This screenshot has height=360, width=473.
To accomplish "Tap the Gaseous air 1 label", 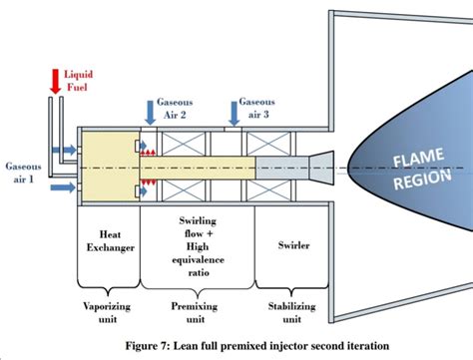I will point(23,171).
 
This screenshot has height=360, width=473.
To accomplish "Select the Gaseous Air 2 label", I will point(175,109).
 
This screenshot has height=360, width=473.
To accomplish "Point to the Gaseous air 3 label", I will point(257,109).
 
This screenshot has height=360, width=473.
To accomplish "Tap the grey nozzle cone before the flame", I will point(321,166).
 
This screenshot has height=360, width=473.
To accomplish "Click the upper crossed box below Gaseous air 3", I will point(282,143).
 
